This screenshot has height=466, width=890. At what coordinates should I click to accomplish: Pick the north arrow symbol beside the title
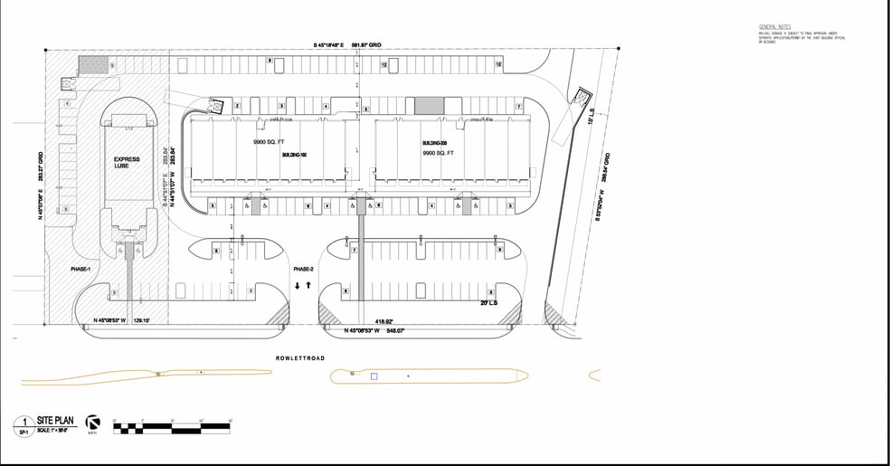click(x=92, y=423)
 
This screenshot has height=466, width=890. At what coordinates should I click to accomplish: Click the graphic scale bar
click(x=173, y=425)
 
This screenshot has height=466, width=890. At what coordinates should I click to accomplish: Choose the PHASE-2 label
click(x=303, y=270)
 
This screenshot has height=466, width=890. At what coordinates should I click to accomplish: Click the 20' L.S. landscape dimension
click(x=488, y=303)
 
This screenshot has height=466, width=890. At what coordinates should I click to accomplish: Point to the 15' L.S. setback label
click(x=591, y=117)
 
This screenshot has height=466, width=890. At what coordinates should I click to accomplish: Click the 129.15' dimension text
click(x=141, y=320)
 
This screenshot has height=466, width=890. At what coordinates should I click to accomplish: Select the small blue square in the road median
click(x=374, y=376)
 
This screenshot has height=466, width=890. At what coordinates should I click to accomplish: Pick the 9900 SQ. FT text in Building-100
click(x=269, y=143)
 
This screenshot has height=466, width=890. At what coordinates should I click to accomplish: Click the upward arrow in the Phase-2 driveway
click(x=309, y=285)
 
